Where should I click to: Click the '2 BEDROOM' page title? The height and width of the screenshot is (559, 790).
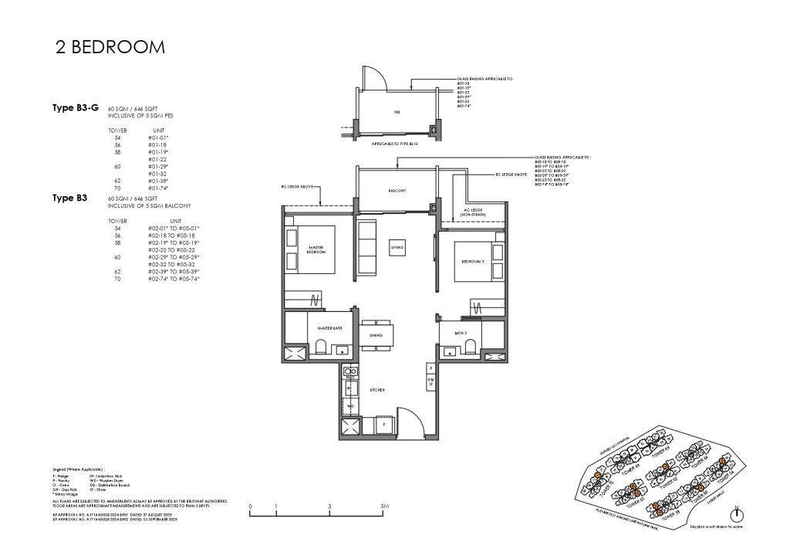[x=110, y=48]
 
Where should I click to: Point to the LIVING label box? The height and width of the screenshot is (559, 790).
[x=399, y=246]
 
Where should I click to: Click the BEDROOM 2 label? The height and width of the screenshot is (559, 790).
[x=471, y=262]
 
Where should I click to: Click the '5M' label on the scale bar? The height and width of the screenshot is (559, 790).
[x=385, y=508]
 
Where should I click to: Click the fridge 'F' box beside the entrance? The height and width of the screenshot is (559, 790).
[x=383, y=425]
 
